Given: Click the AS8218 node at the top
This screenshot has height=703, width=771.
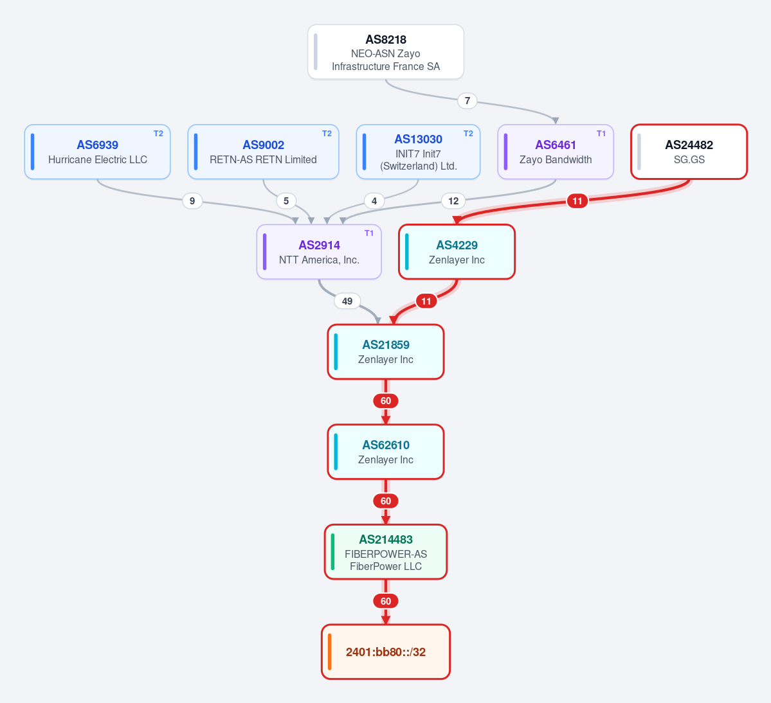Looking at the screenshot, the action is (386, 51).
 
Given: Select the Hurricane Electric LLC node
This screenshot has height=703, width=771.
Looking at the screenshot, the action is (97, 152).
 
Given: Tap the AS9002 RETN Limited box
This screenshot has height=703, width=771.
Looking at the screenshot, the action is (263, 152).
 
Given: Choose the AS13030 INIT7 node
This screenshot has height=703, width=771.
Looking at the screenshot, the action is (418, 152).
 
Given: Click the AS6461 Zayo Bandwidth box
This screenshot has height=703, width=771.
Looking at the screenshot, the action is (556, 152).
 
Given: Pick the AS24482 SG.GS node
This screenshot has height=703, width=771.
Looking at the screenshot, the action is (689, 152).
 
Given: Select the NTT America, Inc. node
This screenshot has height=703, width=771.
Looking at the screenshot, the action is (319, 252).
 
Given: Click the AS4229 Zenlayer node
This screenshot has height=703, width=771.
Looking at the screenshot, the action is (457, 252).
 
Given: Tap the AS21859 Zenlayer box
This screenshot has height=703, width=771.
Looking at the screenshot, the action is (386, 351).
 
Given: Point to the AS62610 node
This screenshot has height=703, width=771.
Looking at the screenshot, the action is (386, 452).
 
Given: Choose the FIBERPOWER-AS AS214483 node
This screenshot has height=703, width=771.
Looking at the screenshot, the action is (386, 552).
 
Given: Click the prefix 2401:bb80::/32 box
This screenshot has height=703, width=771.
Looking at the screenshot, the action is (386, 652).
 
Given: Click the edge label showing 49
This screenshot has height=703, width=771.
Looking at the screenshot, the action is (347, 301).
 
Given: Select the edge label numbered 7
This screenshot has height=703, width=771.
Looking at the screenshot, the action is (467, 101).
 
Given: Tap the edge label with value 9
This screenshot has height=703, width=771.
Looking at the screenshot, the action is (192, 201).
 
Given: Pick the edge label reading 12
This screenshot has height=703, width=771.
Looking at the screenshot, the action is (453, 201).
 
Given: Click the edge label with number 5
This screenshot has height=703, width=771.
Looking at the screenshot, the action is (286, 201).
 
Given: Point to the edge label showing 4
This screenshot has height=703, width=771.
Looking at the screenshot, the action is (374, 201).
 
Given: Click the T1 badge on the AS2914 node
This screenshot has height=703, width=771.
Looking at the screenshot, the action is (369, 233).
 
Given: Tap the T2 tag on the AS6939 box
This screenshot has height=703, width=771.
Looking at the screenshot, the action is (158, 134).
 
